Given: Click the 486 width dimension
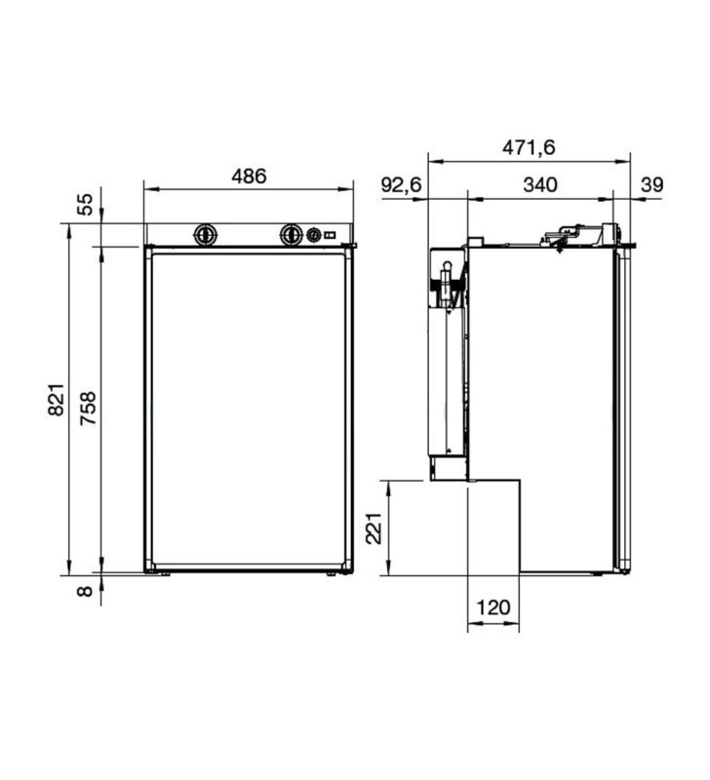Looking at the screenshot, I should tap(249, 176).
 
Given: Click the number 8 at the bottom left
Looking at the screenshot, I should tap(86, 590).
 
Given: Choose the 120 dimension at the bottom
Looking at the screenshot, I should tap(493, 607).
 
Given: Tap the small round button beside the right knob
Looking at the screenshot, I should tap(314, 235).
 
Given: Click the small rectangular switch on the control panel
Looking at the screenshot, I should tap(332, 235).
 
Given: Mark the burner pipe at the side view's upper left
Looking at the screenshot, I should tap(446, 286).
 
